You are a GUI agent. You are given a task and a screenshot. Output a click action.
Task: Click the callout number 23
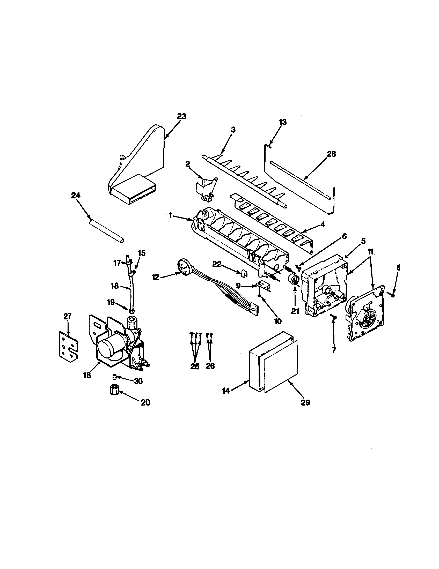182,116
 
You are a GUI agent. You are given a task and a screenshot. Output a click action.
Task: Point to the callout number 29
305,402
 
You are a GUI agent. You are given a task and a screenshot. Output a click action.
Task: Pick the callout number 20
145,402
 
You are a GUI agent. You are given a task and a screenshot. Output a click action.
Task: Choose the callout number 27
67,316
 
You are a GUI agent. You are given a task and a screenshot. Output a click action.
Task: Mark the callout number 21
295,311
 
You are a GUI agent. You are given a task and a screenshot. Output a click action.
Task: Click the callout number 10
278,321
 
